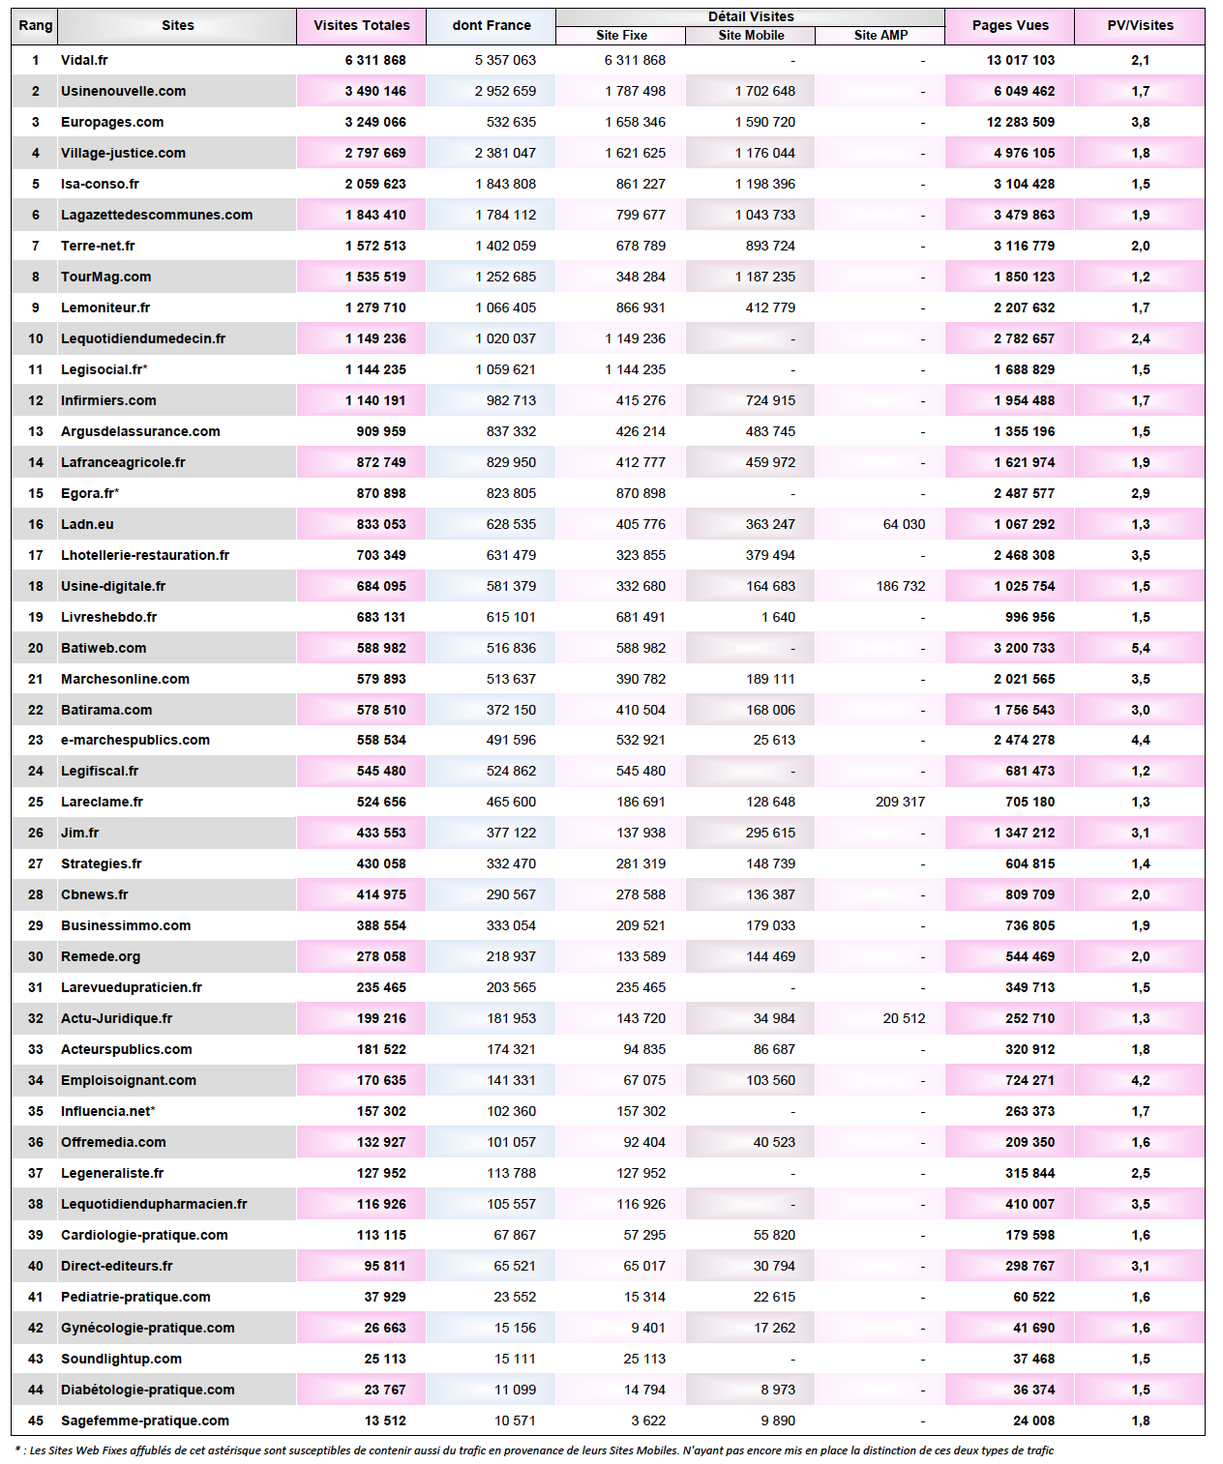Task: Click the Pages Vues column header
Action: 1010,25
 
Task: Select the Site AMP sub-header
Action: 880,36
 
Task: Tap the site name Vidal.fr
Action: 84,60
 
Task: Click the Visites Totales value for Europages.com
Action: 375,122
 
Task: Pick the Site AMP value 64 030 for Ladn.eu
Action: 904,524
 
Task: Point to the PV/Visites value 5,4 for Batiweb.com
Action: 1140,648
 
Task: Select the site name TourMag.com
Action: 105,277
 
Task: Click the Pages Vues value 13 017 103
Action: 1021,60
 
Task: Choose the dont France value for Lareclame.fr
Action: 511,802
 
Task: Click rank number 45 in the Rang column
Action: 36,1420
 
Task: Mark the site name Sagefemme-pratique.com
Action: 145,1420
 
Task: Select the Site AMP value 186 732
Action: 901,586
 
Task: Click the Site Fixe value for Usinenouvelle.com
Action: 635,91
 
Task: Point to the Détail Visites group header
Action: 751,16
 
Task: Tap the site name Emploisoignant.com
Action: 129,1080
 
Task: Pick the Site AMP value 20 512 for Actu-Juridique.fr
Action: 904,1018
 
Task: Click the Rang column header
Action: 36,25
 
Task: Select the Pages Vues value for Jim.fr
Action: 1025,833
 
